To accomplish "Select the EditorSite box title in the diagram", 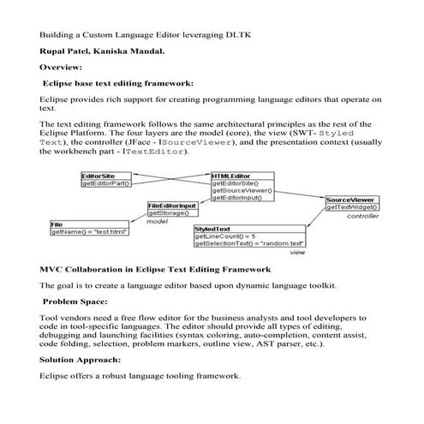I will pos(98,176).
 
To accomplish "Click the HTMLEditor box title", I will pos(229,176).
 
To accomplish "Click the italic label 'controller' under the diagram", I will pos(362,216).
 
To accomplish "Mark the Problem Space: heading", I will pos(75,302).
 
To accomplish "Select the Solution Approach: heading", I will pos(80,360).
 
